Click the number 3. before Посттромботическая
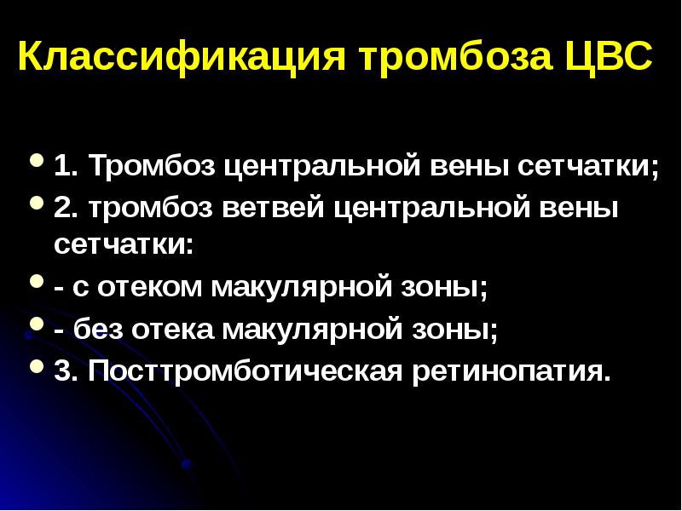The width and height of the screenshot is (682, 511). tap(64, 371)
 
